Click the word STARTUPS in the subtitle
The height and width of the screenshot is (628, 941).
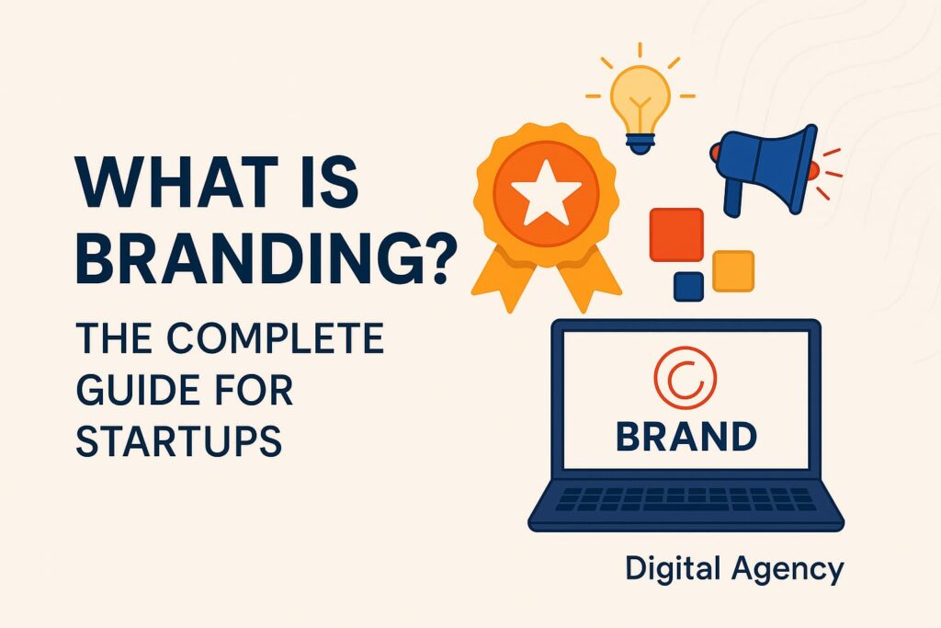[177, 440]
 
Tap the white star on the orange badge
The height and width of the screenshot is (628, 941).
[546, 197]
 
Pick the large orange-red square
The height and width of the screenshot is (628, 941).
[676, 234]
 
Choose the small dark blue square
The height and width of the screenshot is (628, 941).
[688, 286]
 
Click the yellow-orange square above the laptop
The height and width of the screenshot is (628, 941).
[733, 271]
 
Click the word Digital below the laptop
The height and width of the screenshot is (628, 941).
[667, 570]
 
